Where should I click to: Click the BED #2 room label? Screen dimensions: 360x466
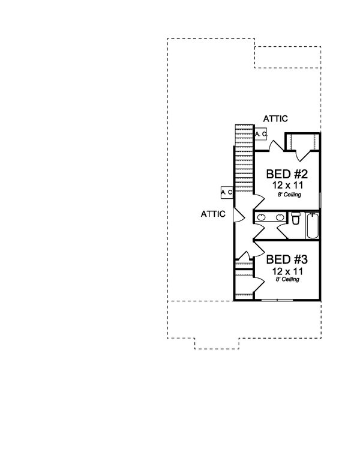coord(287,175)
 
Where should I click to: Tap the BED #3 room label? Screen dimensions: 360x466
coord(287,260)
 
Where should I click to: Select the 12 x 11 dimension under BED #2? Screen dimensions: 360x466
coord(287,186)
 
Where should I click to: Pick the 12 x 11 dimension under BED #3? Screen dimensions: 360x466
coord(287,271)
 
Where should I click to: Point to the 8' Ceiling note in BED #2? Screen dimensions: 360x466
coord(288,195)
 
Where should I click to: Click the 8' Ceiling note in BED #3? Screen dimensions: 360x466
coord(288,280)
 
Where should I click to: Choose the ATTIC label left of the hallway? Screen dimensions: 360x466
coord(213,213)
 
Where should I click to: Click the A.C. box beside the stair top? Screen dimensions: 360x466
coord(260,135)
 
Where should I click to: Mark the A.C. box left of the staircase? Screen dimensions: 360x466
coord(227,192)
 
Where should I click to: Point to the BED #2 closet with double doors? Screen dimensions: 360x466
coord(303,142)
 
